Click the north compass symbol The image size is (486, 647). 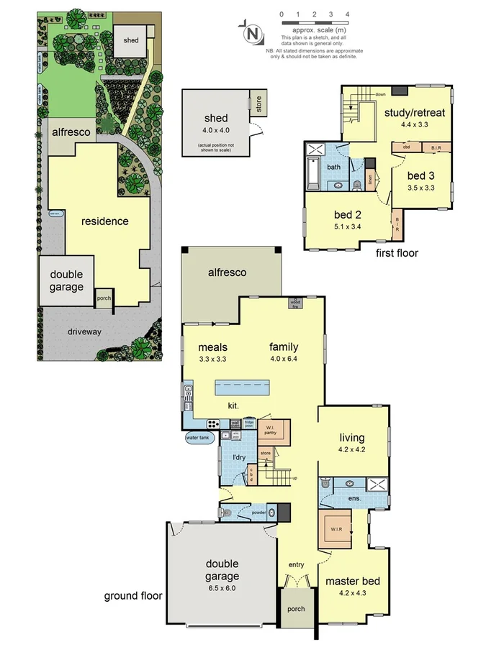click(x=251, y=32)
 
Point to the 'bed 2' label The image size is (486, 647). click(x=344, y=214)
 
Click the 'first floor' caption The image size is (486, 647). click(x=396, y=253)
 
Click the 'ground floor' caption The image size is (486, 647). click(x=133, y=595)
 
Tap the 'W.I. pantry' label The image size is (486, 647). click(x=271, y=431)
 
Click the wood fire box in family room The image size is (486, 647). click(x=294, y=303)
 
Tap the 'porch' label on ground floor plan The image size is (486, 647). click(x=296, y=609)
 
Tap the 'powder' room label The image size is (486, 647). click(x=259, y=513)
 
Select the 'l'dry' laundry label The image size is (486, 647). click(x=240, y=457)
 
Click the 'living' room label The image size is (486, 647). click(x=352, y=437)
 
